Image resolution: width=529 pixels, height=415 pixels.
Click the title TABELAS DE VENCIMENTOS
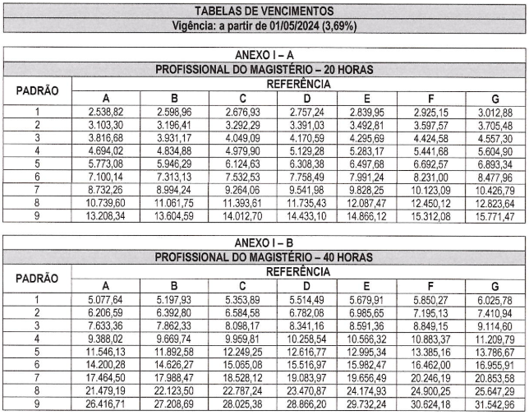(264, 11)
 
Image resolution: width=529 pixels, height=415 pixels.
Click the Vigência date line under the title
(264, 25)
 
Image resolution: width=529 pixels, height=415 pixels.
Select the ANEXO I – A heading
(264, 55)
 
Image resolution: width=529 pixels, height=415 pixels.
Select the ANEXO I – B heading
(264, 244)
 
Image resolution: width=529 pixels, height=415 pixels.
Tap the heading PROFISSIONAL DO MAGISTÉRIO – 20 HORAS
(264, 69)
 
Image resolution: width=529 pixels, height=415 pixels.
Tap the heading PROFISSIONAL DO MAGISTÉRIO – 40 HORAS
(264, 257)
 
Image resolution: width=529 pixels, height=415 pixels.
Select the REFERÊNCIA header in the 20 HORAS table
(298, 84)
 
